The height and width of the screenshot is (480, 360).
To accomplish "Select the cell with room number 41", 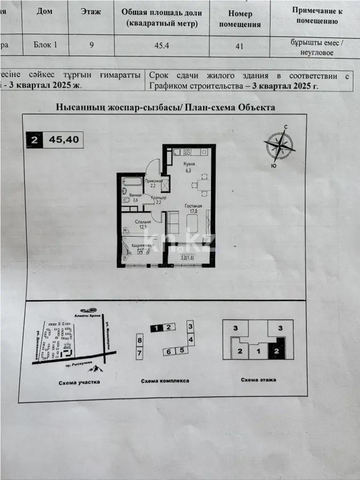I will [x=239, y=45].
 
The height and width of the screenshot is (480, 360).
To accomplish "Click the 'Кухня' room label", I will [x=188, y=164].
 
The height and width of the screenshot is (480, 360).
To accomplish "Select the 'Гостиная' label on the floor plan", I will [x=193, y=205].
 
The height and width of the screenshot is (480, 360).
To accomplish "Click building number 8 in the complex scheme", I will [x=140, y=339].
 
